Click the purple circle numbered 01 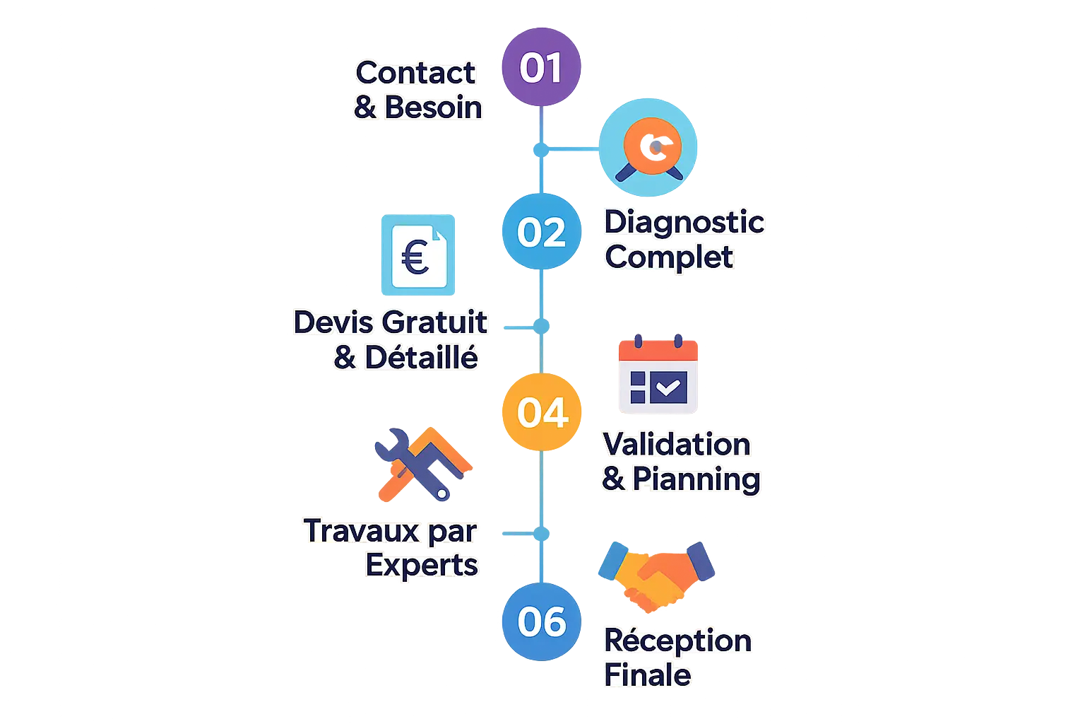[x=540, y=68]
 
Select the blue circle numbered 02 [x=540, y=232]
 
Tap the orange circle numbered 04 [x=541, y=412]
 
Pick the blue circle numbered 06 [x=542, y=621]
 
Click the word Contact [x=415, y=73]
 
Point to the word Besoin [x=433, y=107]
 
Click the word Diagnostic [x=684, y=222]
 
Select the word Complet [x=669, y=257]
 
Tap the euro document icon [x=417, y=255]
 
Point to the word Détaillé [x=422, y=358]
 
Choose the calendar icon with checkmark [x=658, y=375]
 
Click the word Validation [x=676, y=445]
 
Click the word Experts [x=422, y=565]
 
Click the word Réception [x=677, y=641]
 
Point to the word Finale [x=647, y=675]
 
